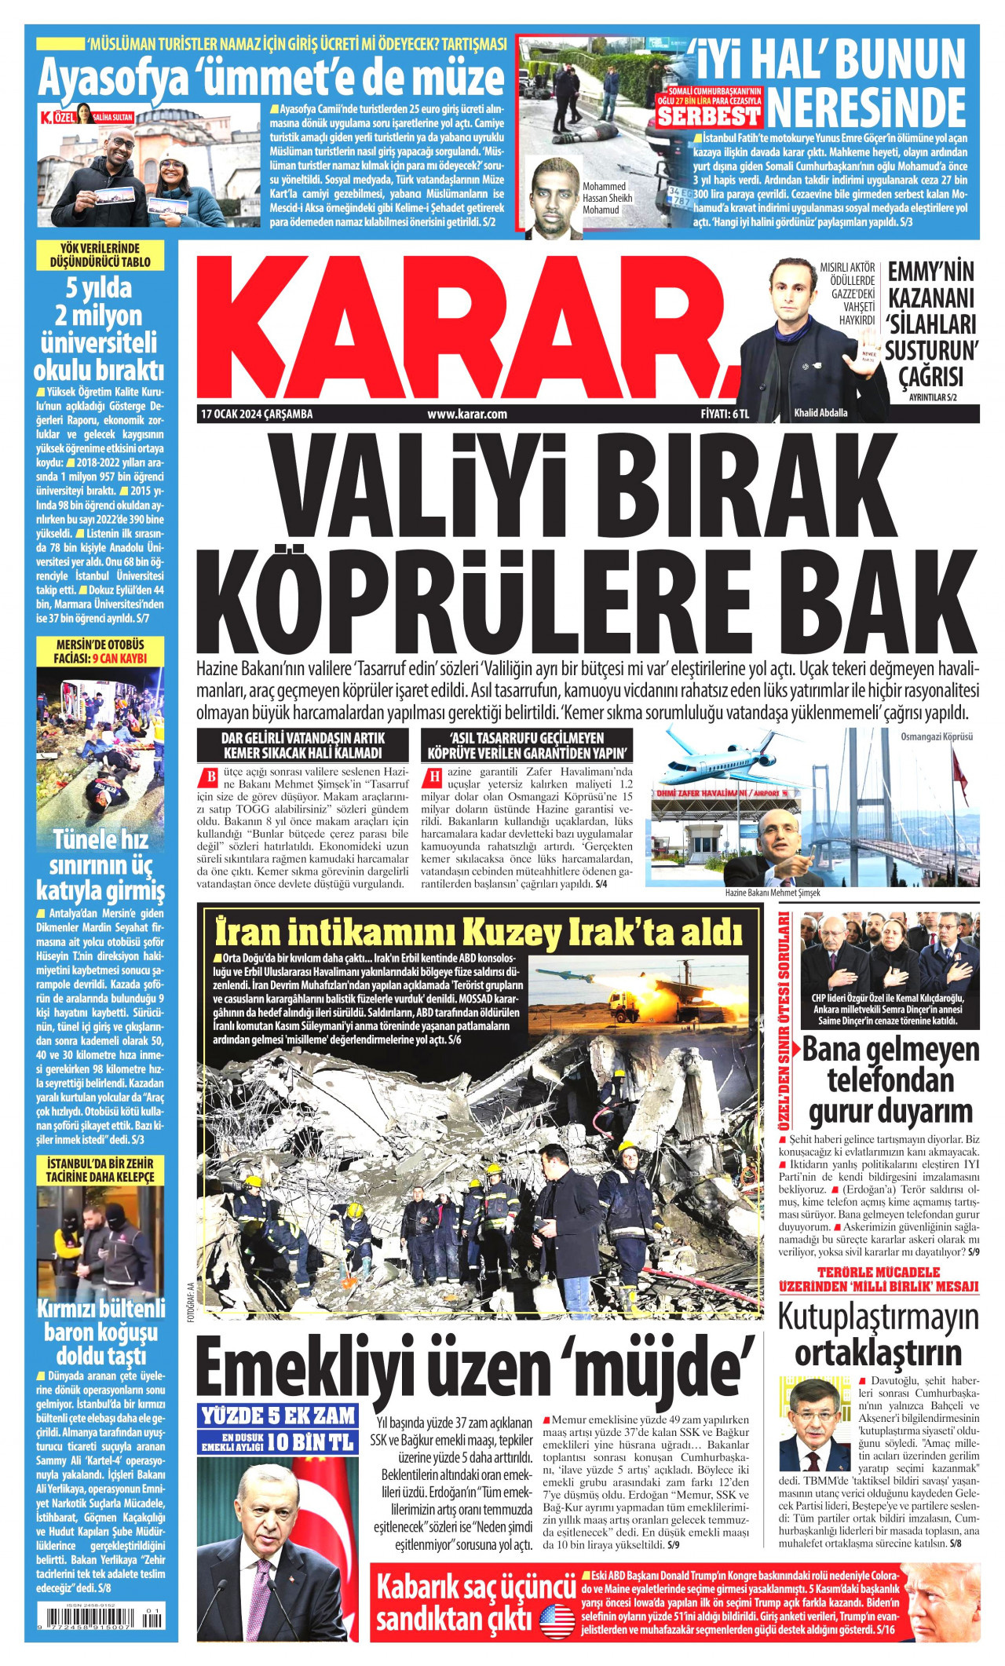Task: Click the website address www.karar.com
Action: point(466,414)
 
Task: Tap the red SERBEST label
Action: point(710,117)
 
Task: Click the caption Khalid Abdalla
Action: point(820,414)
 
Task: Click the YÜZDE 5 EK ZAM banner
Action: point(279,1416)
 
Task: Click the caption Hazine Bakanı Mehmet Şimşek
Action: point(773,893)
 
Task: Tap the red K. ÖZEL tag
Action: point(64,118)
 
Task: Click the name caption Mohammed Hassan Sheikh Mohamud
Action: point(607,198)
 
